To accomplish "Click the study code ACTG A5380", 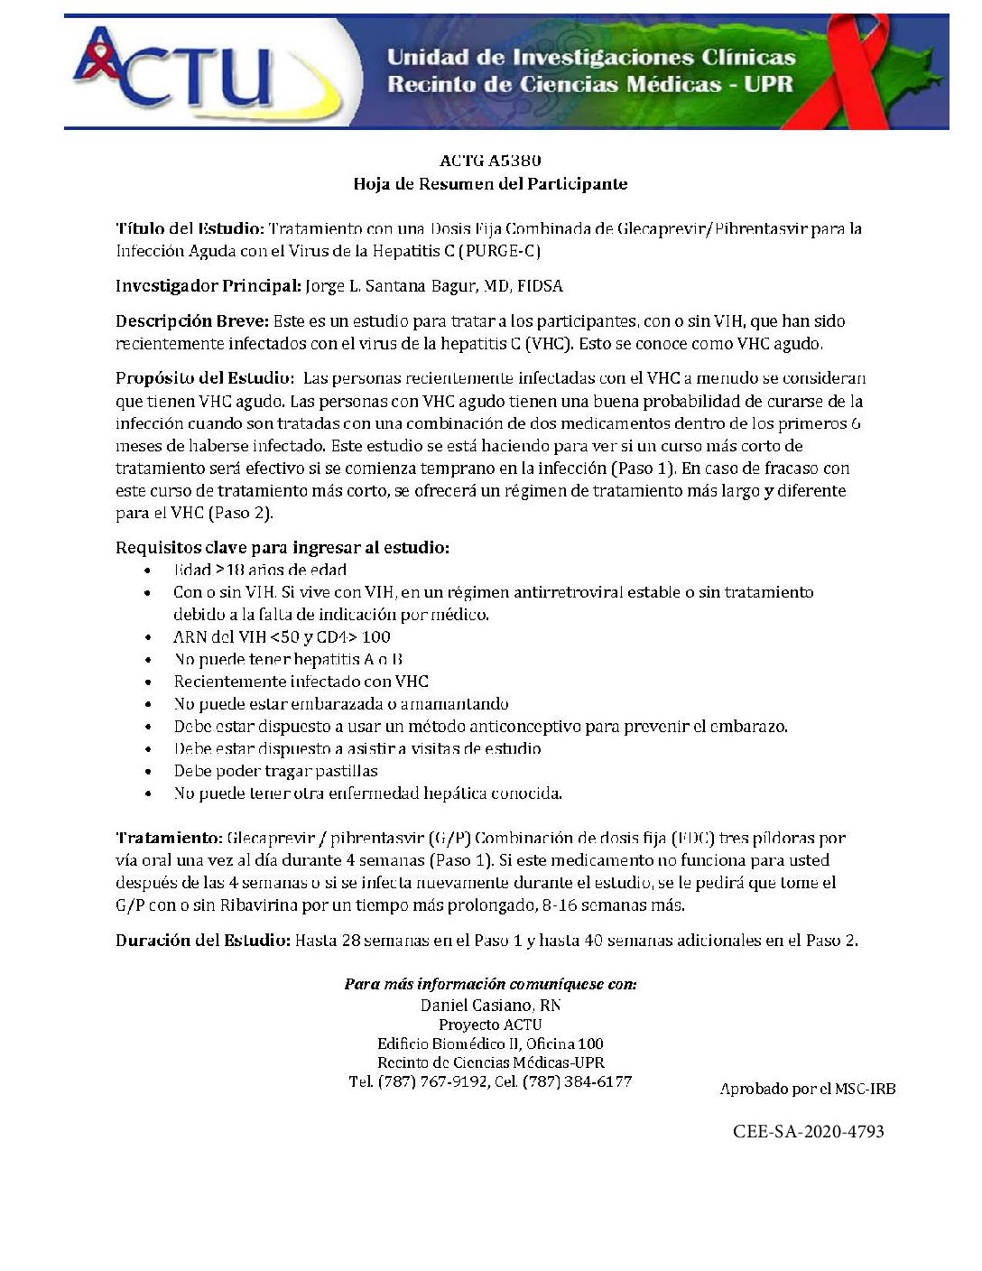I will coord(490,161).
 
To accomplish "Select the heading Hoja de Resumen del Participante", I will coord(490,184).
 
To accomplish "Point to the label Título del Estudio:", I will coord(190,228).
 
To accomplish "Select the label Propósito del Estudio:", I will coord(204,378).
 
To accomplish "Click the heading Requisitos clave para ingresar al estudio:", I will coord(283,548).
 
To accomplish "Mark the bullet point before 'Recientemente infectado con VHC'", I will coord(147,682).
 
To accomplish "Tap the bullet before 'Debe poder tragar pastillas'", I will coord(147,772).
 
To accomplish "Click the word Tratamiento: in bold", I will coord(169,839).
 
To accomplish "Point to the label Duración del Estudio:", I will coord(203,941).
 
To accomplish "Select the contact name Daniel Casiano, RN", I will coord(491,1005).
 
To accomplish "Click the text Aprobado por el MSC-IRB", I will coord(807,1090).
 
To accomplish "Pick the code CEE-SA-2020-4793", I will coord(808,1131).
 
